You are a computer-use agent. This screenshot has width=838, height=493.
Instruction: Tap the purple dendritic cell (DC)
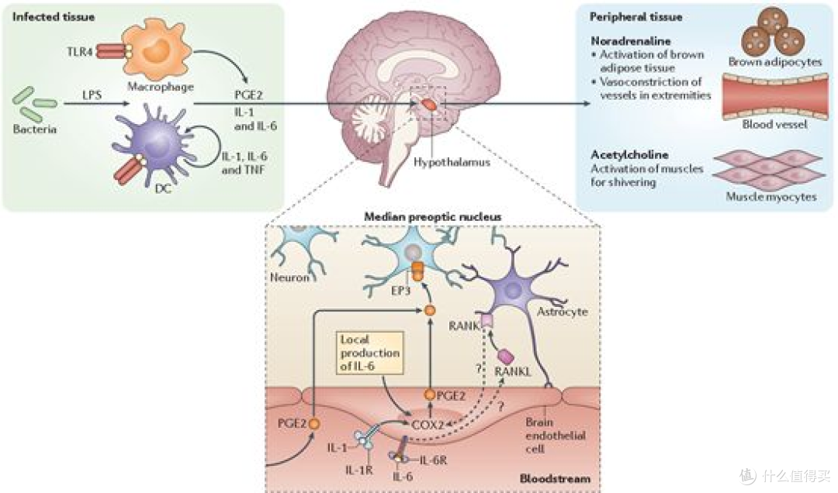pos(155,143)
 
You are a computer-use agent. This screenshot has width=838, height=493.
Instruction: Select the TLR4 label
pos(80,52)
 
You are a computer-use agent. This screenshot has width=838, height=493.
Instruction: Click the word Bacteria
pos(35,129)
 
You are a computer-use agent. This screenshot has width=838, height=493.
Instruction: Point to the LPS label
pos(92,95)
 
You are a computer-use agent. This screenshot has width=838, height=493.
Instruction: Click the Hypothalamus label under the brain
pos(452,162)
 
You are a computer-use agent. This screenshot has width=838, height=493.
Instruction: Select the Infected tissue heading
pos(54,16)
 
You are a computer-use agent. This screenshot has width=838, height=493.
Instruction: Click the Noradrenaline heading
pos(631,40)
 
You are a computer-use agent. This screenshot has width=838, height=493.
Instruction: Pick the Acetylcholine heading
pos(629,154)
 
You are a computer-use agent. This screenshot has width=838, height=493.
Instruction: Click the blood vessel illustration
pos(775,97)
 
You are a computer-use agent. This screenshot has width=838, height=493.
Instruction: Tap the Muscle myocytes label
pos(771,197)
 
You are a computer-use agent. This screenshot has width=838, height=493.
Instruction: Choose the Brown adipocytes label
pos(775,62)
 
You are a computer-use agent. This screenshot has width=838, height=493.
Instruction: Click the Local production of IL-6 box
pos(370,353)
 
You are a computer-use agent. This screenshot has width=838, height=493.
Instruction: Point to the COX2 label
pos(428,425)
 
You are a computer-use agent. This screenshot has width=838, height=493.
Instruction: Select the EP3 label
pos(400,291)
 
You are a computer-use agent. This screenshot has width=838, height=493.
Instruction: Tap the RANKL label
pos(513,371)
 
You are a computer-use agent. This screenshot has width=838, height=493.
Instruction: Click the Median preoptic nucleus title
pos(433,217)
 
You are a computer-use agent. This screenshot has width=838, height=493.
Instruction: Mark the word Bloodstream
pos(556,478)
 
